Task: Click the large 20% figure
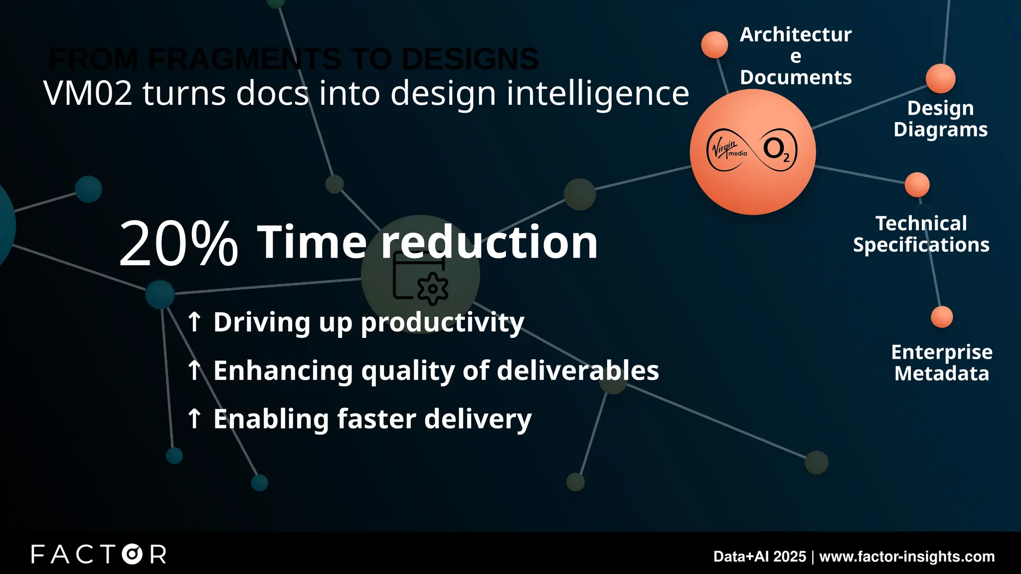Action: click(x=178, y=244)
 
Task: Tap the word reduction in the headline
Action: click(x=489, y=242)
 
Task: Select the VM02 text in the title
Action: click(x=88, y=93)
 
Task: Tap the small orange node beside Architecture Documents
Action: click(x=714, y=45)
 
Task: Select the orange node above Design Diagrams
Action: click(x=940, y=79)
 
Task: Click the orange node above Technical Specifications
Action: click(x=917, y=185)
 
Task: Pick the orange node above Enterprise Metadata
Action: click(x=942, y=317)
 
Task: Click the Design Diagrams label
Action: click(x=940, y=119)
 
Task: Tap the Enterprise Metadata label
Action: click(x=941, y=363)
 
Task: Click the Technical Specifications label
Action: click(x=921, y=234)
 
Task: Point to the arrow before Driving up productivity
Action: click(x=194, y=322)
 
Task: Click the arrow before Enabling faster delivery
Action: click(x=194, y=419)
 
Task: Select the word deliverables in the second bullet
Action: click(x=578, y=371)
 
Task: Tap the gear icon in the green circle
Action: click(x=432, y=288)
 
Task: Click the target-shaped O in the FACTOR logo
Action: click(x=132, y=554)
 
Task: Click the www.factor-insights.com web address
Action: click(x=907, y=557)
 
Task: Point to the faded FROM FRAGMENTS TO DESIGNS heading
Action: click(x=294, y=59)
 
